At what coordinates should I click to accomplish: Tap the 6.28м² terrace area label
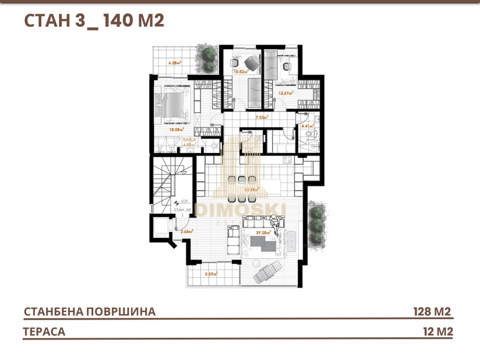click(175, 62)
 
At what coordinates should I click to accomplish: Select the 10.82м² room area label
click(241, 72)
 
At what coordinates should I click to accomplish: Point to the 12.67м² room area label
click(286, 93)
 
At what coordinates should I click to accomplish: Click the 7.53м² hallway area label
click(262, 117)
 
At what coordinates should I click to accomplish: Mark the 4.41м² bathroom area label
click(307, 126)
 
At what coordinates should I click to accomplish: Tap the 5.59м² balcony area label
click(212, 274)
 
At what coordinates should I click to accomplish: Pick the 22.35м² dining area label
click(252, 189)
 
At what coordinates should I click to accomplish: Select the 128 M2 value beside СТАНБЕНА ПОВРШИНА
click(432, 312)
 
